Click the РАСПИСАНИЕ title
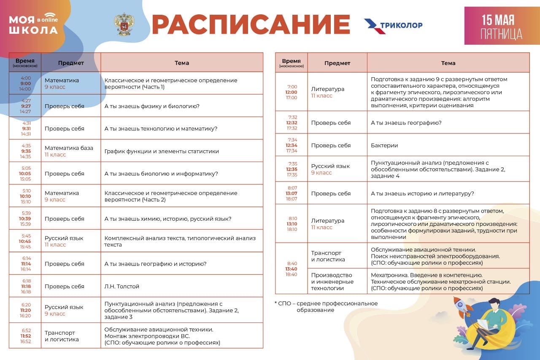click(x=251, y=24)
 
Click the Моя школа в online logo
click(x=33, y=24)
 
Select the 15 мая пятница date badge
click(x=502, y=26)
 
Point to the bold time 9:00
click(x=25, y=84)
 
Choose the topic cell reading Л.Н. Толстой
click(x=122, y=287)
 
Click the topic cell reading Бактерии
click(x=384, y=146)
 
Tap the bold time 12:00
click(x=292, y=92)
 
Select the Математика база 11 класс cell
click(x=69, y=151)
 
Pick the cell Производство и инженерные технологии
click(x=332, y=282)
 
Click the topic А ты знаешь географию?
click(x=406, y=123)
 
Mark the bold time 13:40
click(x=292, y=269)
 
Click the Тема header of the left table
click(x=182, y=63)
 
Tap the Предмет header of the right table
click(x=337, y=63)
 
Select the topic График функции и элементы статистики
click(x=162, y=151)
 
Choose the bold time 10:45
click(x=25, y=241)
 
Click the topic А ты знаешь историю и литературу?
click(x=422, y=194)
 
